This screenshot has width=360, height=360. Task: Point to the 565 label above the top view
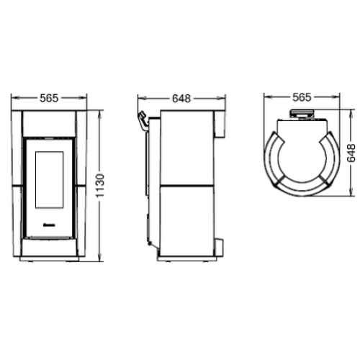pyautogui.click(x=302, y=96)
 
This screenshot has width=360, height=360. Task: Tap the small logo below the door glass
pyautogui.click(x=50, y=224)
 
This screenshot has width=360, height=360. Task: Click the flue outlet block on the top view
pyautogui.click(x=302, y=114)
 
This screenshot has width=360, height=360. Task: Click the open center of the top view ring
pyautogui.click(x=302, y=152)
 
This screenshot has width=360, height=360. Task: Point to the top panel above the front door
pyautogui.click(x=50, y=122)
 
